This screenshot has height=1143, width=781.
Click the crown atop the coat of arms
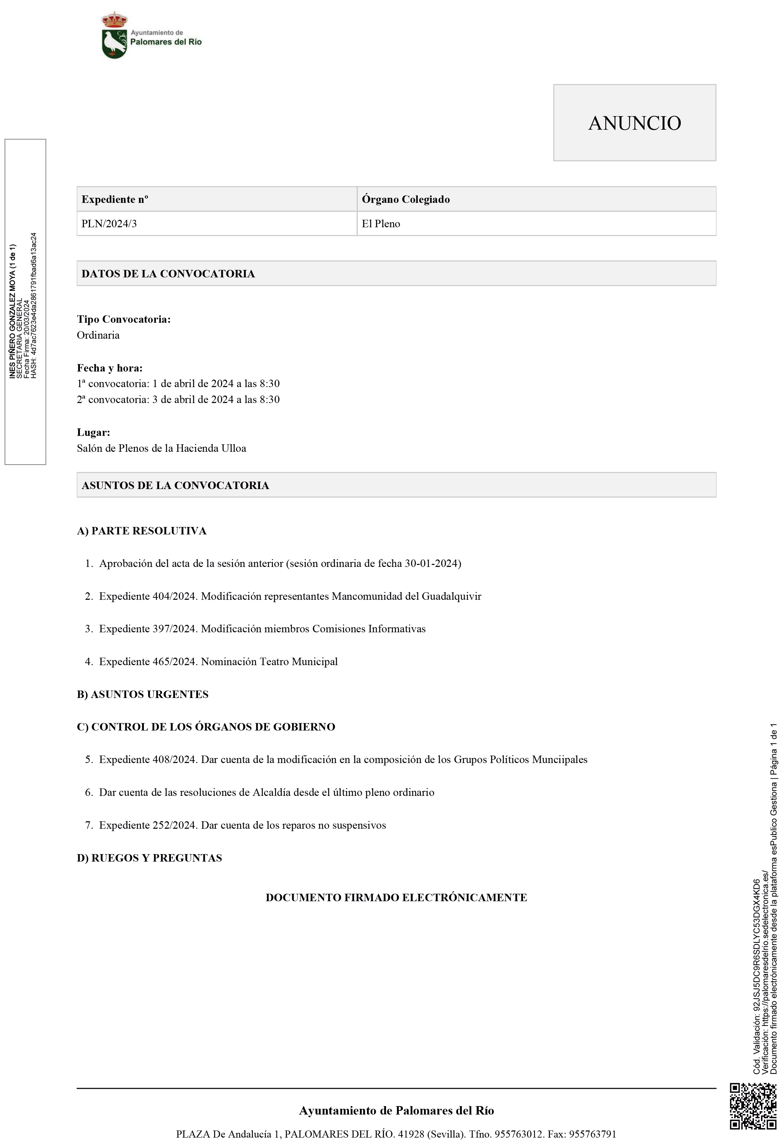pos(114,20)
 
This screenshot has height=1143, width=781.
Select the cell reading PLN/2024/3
pos(109,224)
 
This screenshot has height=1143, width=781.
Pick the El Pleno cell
pos(381,224)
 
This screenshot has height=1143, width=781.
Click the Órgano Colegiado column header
pos(406,199)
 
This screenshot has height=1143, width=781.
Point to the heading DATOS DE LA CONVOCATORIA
pos(168,273)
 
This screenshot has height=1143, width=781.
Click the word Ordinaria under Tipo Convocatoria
pos(98,335)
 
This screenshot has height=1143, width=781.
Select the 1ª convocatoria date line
pos(178,384)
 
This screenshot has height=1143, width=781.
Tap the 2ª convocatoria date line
pos(178,399)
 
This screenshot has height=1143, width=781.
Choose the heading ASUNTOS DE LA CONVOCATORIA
pos(175,485)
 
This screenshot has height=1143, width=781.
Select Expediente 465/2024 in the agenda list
pos(148,661)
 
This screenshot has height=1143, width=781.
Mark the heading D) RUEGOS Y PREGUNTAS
pos(149,858)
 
